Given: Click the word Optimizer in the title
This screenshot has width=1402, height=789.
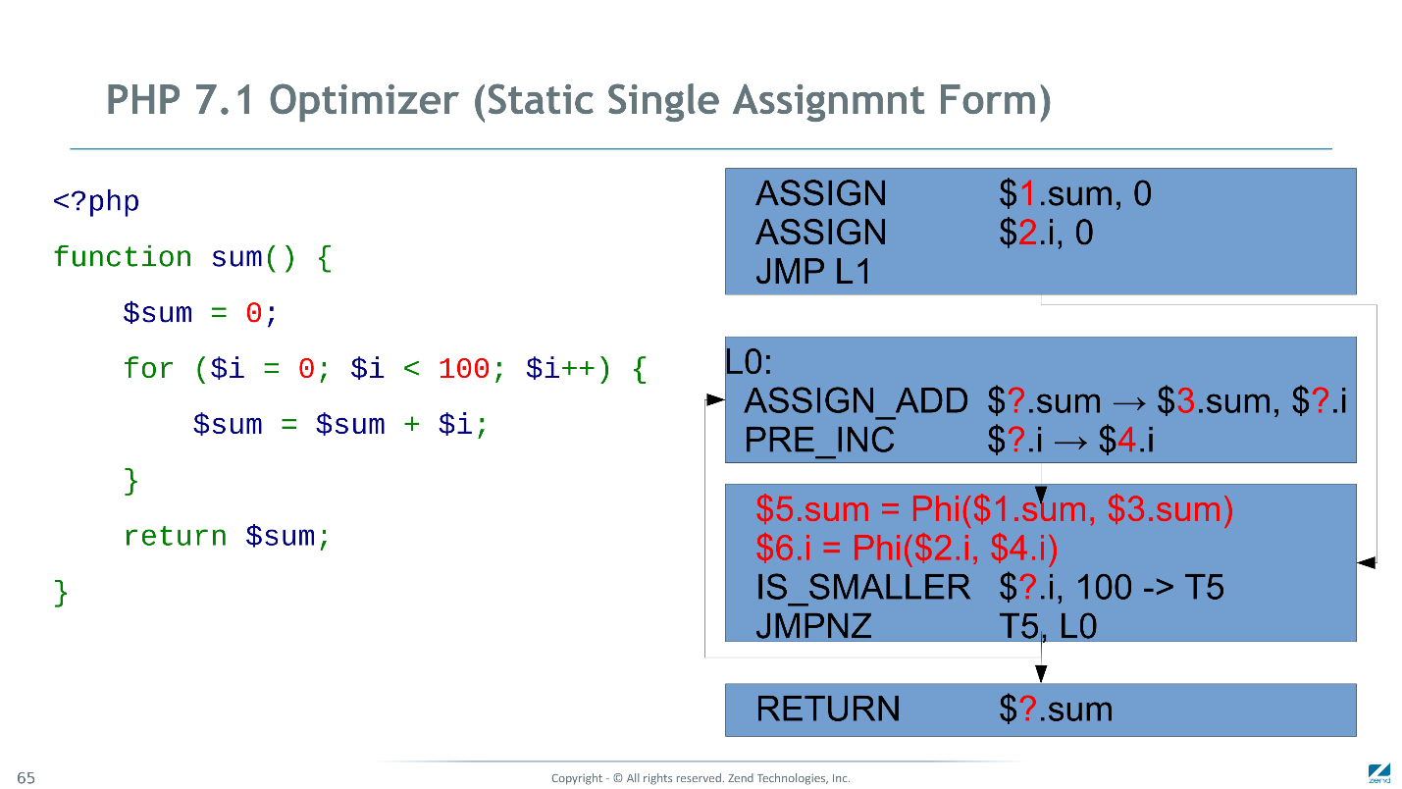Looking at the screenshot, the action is pos(364,101).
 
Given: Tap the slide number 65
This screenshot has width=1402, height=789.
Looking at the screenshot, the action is pos(26,777).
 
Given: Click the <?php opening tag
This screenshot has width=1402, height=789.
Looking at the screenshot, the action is pos(96,201).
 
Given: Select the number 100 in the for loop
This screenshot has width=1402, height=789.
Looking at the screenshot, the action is pos(463,368).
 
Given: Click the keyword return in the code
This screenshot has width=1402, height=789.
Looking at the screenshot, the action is pos(175,536).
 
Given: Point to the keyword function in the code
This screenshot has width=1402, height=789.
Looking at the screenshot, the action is pos(122,257).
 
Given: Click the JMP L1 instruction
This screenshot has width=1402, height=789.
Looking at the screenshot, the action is pos(813,272).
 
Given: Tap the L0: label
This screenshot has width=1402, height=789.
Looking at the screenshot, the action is pos(749,362).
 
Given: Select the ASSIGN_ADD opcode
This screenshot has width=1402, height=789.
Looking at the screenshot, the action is pos(856,400).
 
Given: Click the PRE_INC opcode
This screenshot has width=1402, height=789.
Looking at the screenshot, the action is pos(818,440).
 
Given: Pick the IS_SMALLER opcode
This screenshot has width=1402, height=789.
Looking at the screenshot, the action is pos(862,588).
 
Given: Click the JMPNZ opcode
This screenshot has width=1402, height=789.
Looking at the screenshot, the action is pos(813,626).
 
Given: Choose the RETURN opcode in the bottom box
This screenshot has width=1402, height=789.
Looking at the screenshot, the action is pos(827,709).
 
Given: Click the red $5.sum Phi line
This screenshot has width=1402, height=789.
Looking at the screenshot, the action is pos(994,508).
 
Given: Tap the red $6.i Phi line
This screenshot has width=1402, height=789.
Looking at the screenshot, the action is pos(907,548).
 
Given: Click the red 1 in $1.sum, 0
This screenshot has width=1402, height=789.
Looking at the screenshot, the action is pos(1028,193).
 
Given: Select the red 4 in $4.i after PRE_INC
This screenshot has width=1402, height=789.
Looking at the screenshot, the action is pos(1126,440).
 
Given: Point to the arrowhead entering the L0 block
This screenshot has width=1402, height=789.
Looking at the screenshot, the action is pos(715,399).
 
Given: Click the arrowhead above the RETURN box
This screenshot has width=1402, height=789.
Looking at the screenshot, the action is pos(1041,674).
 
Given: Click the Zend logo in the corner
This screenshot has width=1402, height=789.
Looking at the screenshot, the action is pos(1378,774).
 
